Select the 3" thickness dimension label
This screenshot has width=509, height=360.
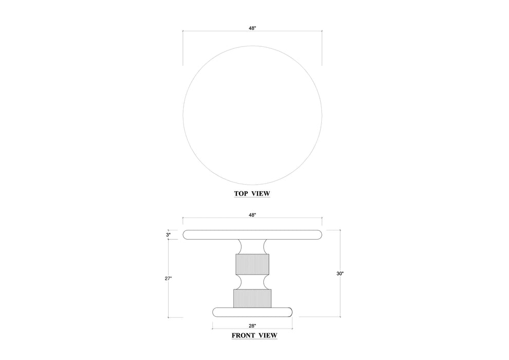[x=169, y=235]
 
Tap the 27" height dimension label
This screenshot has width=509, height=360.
[x=169, y=278]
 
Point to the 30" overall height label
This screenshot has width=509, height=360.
[x=340, y=274]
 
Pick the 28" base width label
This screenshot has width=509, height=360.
[x=252, y=326]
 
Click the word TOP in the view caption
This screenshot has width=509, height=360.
[x=241, y=194]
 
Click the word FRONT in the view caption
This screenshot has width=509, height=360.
[x=244, y=335]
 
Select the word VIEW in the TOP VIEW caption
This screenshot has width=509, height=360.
[x=261, y=194]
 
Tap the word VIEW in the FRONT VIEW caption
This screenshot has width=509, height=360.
[x=267, y=335]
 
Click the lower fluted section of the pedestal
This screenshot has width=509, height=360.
[x=252, y=298]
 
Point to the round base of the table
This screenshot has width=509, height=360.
[x=252, y=312]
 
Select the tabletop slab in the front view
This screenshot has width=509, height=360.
[x=252, y=235]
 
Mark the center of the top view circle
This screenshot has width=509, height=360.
[x=252, y=115]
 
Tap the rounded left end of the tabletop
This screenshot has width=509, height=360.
[x=187, y=235]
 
